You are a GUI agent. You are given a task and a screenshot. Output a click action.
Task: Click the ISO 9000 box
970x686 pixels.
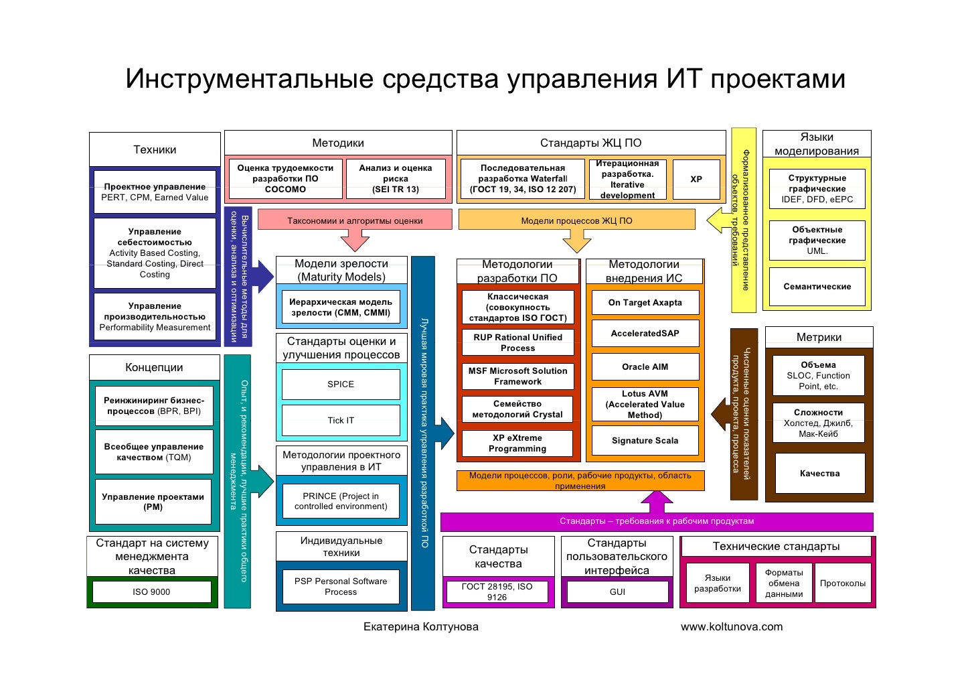151,592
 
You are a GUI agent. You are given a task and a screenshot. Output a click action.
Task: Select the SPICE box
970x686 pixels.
341,385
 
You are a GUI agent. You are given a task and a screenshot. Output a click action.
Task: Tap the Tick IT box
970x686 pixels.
341,421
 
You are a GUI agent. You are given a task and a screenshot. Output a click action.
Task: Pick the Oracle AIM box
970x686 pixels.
645,367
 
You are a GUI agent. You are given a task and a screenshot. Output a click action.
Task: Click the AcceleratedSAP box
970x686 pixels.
645,333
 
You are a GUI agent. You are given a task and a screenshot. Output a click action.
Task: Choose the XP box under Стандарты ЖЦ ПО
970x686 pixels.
696,180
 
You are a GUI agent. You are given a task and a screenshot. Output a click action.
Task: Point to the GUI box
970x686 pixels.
617,592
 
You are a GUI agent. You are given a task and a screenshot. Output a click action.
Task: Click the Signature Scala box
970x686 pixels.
645,441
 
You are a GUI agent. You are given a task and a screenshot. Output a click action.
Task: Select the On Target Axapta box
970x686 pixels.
645,303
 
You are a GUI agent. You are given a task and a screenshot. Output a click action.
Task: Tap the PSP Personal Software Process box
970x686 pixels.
341,587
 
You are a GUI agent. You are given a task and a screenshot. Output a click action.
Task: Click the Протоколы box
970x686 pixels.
842,584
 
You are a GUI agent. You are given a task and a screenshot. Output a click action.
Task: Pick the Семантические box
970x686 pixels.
817,287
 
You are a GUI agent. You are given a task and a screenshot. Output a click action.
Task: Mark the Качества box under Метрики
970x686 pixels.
819,474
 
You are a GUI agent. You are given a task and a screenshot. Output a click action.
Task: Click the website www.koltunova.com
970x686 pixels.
732,627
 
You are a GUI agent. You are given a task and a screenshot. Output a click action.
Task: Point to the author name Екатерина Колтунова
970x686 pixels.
420,627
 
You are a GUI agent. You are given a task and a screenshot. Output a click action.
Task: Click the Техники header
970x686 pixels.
155,149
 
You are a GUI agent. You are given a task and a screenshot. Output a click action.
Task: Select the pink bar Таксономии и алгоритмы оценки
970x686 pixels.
355,220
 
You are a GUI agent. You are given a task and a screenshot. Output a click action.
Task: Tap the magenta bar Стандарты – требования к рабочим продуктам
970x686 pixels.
657,521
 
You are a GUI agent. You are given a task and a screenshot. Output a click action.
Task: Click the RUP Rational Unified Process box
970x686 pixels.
517,343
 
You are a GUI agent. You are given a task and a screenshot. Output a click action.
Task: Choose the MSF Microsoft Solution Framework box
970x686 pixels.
517,376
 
